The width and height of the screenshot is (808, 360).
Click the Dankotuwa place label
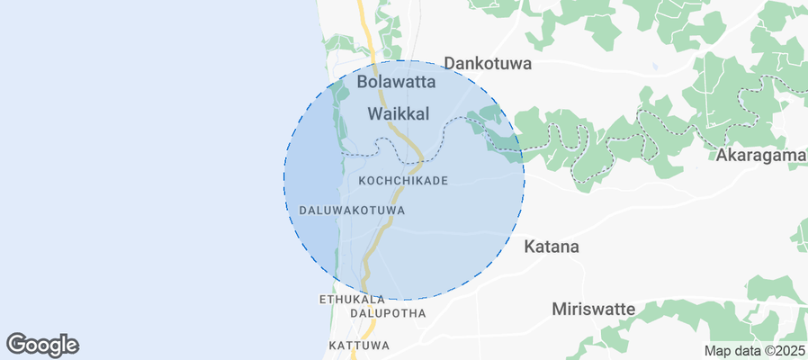pos(488,64)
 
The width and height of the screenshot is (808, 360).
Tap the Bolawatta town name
pos(396,82)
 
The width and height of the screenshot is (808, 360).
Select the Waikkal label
pos(398,113)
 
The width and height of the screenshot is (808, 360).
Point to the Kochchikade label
pos(403,181)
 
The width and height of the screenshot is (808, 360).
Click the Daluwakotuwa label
pos(351,210)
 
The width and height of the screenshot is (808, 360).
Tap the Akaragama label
pos(759,156)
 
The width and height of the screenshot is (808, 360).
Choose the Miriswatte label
pos(593,309)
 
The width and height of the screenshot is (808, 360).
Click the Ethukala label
pos(352,299)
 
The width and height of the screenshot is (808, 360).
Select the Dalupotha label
pos(387,313)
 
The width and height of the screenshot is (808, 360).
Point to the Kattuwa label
pos(359,346)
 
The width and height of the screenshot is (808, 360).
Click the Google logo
pos(42,344)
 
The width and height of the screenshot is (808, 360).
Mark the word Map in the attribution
pos(716,351)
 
